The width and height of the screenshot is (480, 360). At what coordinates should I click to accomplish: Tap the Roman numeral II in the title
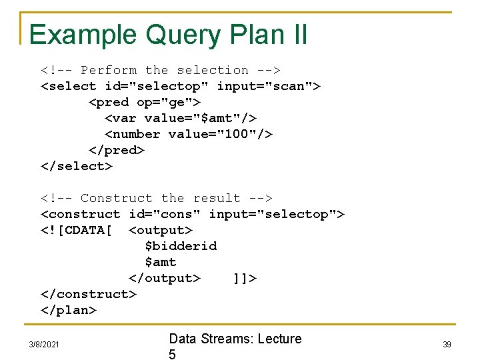point(298,34)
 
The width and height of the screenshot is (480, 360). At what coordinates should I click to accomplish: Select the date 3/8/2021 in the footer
point(44,344)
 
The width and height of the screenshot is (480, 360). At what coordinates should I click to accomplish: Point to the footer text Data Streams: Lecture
point(235,339)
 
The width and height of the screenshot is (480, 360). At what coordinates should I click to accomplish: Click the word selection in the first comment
point(213,70)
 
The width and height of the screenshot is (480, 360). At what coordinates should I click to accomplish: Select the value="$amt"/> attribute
point(201,118)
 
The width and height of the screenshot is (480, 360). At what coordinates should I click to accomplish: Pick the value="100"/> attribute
point(221,134)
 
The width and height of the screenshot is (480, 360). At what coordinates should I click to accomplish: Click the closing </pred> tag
point(117,150)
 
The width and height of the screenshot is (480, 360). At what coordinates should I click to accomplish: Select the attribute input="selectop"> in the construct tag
point(277,214)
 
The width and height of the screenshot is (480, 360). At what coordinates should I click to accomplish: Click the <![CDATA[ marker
point(77,230)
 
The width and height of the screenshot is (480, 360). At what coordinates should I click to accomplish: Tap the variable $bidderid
point(181,246)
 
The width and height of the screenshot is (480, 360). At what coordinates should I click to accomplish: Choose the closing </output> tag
point(165,278)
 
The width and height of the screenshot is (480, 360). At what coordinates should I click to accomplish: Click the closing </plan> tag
point(69,310)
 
